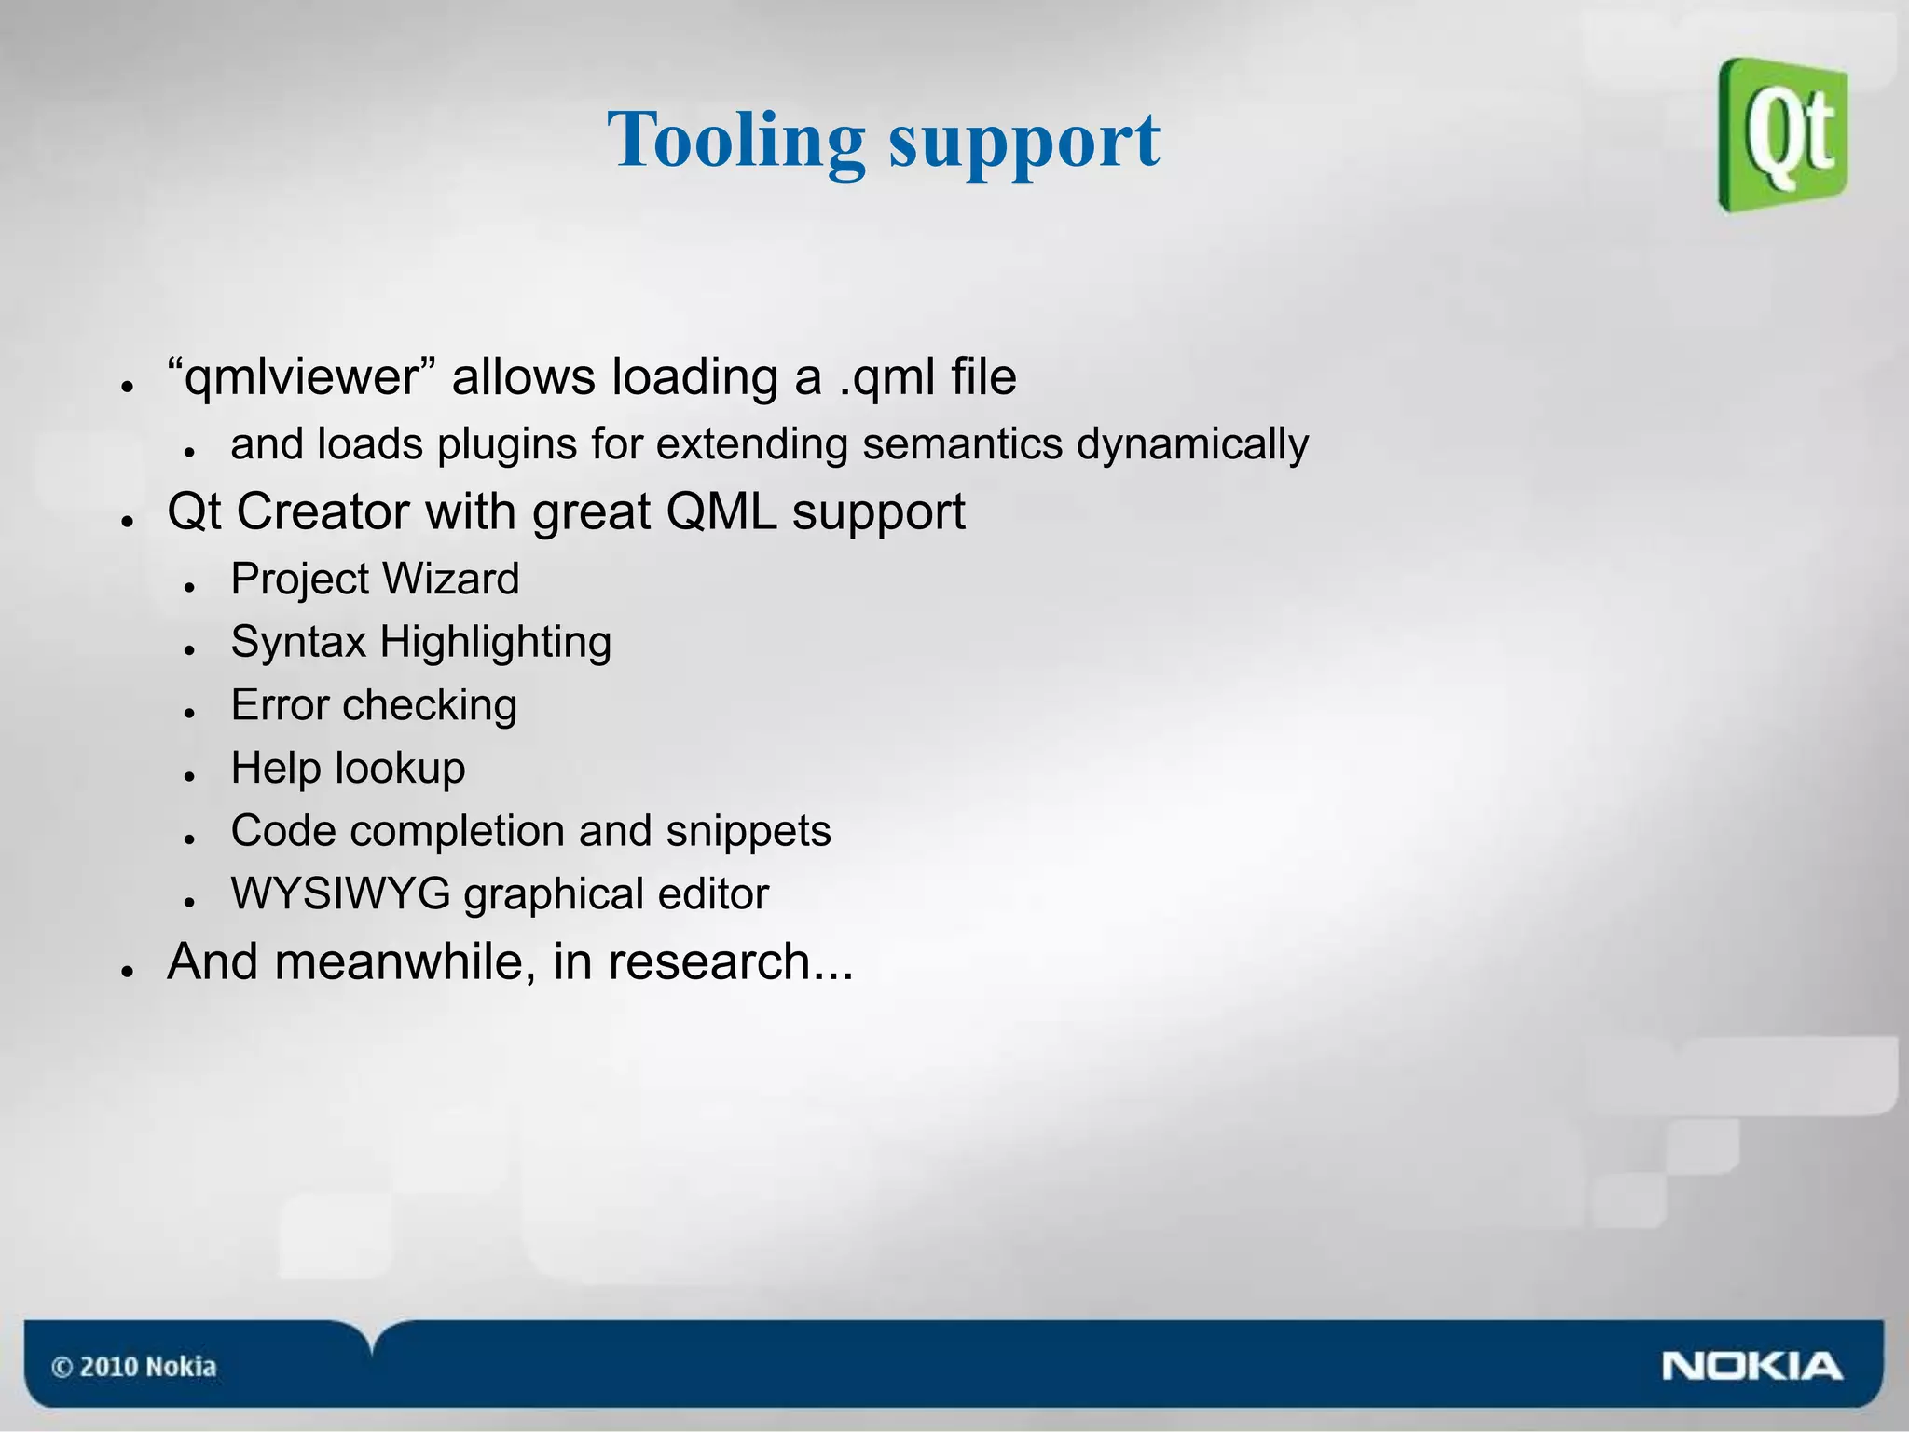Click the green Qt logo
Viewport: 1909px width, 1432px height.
point(1783,135)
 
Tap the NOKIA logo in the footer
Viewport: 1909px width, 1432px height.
point(1751,1366)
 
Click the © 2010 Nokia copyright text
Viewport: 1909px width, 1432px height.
point(133,1367)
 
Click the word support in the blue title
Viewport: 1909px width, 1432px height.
point(1024,142)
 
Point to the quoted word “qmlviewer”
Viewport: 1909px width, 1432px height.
point(303,377)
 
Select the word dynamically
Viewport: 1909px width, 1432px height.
point(1192,444)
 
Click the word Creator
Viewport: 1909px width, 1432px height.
point(323,511)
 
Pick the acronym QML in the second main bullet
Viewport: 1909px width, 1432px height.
point(721,511)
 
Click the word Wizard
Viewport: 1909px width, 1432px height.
point(451,579)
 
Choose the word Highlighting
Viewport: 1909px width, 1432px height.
point(495,643)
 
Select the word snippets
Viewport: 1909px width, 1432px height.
point(748,831)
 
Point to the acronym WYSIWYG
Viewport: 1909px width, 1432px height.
point(341,894)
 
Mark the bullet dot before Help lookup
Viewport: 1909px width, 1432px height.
point(189,775)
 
